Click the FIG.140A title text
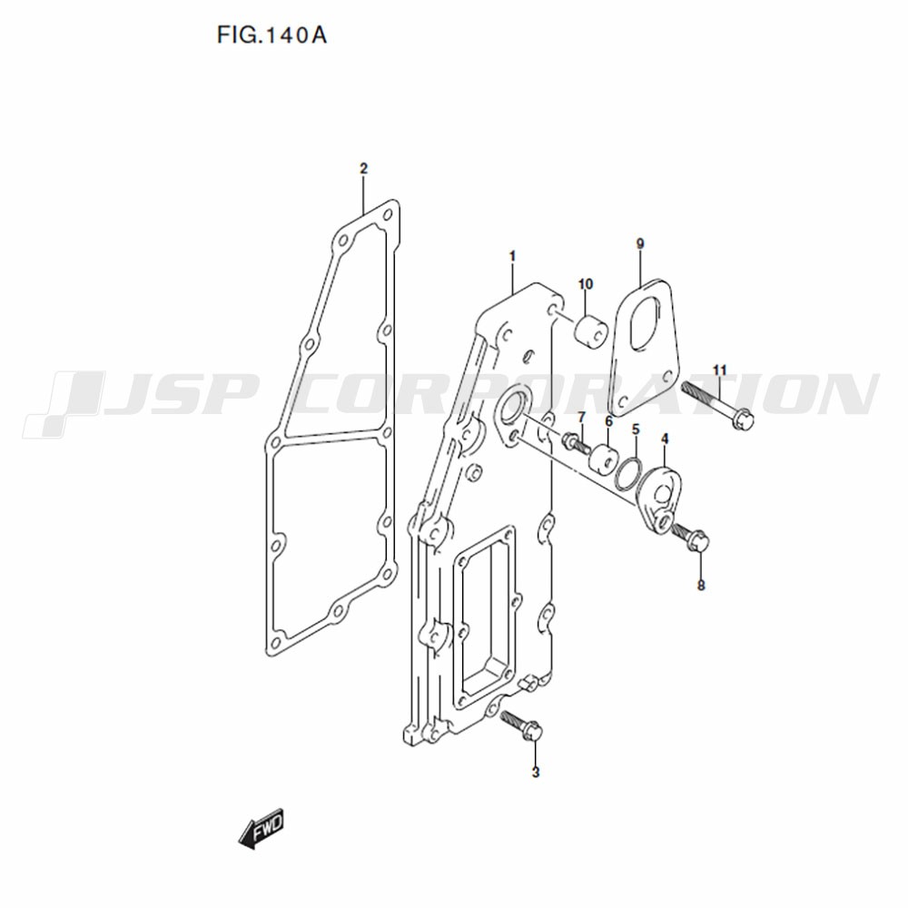point(271,35)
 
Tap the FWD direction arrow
point(262,829)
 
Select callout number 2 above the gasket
point(363,169)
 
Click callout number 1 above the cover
point(512,255)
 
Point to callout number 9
point(640,243)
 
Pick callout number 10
point(586,283)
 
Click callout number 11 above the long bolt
point(720,370)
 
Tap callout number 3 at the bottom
point(535,772)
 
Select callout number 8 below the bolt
point(701,586)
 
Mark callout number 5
point(636,429)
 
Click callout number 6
point(608,421)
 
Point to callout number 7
point(581,417)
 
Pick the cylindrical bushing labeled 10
point(589,331)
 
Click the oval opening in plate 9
point(646,324)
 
